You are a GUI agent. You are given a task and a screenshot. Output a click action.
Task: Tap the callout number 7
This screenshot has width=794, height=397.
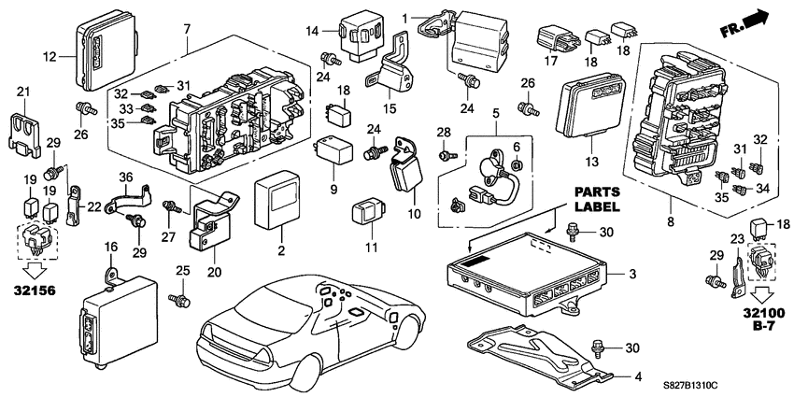(187, 20)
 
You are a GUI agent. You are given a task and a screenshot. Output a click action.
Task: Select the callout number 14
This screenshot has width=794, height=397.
(312, 32)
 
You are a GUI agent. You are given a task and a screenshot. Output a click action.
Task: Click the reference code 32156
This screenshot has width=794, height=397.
(31, 291)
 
